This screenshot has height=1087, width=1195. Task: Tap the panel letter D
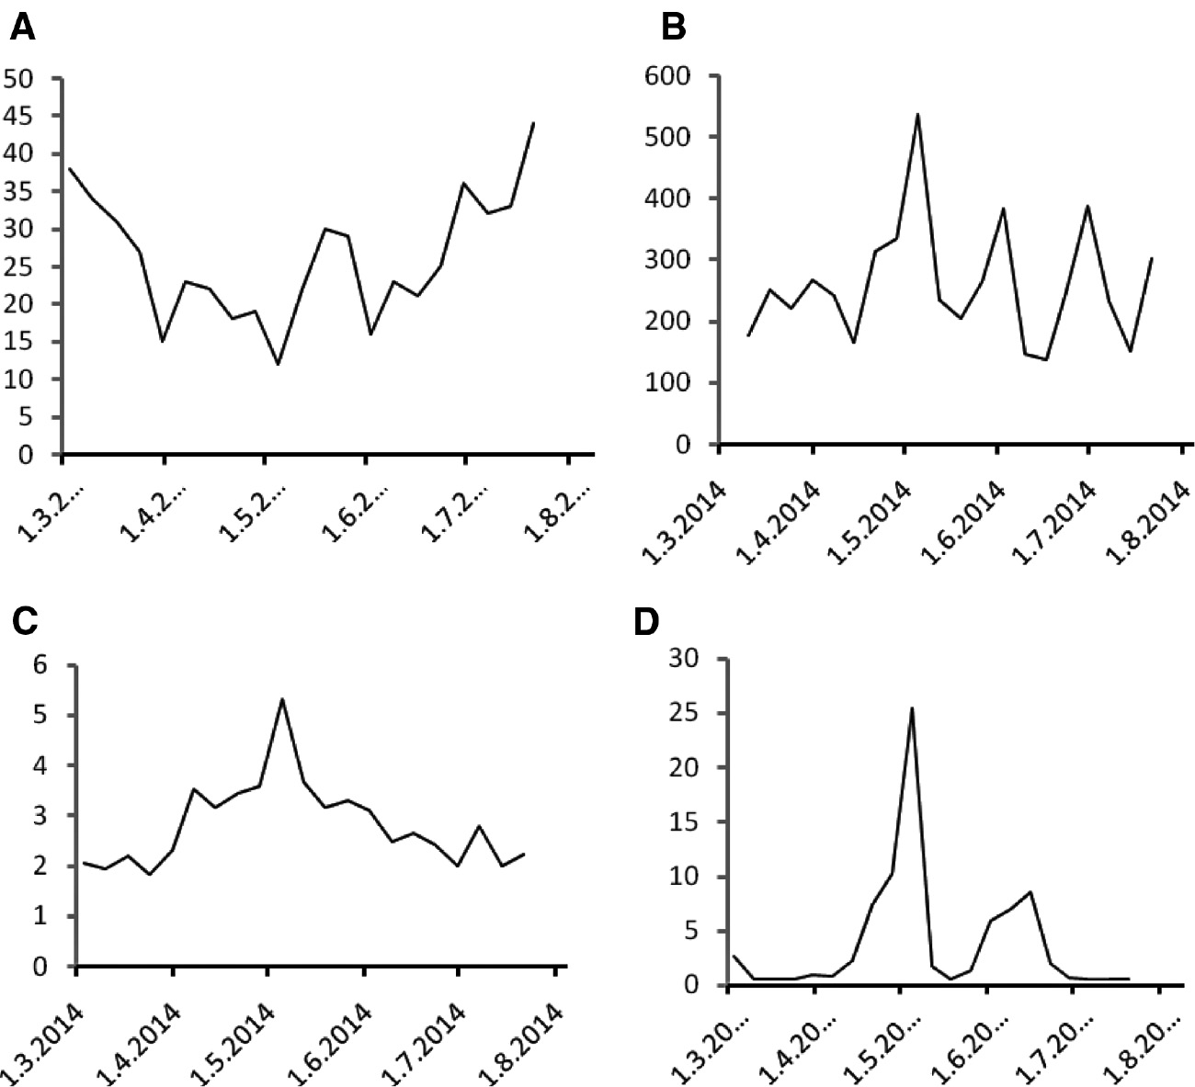point(648,622)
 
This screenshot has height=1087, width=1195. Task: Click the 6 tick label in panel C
point(39,665)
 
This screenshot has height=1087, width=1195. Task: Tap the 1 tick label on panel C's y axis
point(39,917)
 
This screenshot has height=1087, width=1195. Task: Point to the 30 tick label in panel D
point(686,658)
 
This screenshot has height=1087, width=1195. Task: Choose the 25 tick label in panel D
point(686,713)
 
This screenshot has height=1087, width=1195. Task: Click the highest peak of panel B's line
point(917,114)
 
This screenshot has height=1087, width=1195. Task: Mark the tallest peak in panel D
point(911,708)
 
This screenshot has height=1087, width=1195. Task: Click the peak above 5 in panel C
point(282,699)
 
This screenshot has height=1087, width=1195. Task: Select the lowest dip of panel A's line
point(278,365)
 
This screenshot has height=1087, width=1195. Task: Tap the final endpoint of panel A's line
point(534,123)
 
